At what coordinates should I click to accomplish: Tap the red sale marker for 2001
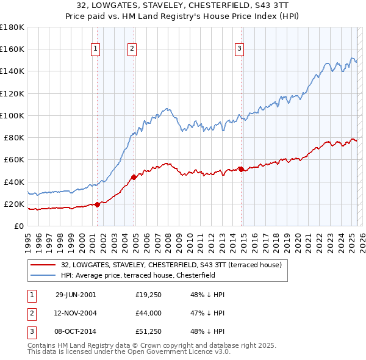click(98, 205)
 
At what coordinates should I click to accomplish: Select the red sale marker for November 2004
click(134, 178)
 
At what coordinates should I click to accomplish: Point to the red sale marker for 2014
click(241, 169)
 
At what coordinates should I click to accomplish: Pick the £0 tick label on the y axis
click(18, 226)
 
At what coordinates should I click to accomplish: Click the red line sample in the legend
click(43, 265)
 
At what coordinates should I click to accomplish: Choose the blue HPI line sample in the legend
click(43, 275)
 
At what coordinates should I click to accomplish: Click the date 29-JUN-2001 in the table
click(76, 295)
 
